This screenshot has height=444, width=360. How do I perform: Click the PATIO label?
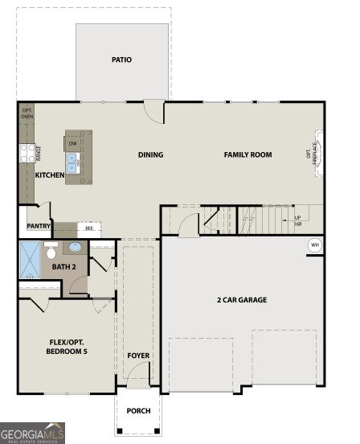pyautogui.click(x=122, y=60)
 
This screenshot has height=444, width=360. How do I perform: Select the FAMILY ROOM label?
pyautogui.click(x=247, y=154)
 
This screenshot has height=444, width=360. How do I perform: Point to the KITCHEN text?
pyautogui.click(x=50, y=175)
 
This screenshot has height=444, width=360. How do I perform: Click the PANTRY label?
pyautogui.click(x=39, y=227)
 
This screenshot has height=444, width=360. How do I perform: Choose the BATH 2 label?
pyautogui.click(x=63, y=266)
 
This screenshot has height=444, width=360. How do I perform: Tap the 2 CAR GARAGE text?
pyautogui.click(x=241, y=300)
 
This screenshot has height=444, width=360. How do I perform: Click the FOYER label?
pyautogui.click(x=138, y=355)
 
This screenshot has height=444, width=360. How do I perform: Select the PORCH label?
pyautogui.click(x=138, y=411)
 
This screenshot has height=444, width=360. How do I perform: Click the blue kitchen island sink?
pyautogui.click(x=72, y=163)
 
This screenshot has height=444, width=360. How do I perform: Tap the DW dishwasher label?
pyautogui.click(x=72, y=144)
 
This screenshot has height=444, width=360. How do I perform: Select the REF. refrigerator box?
pyautogui.click(x=89, y=228)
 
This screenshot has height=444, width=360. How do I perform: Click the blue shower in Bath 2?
pyautogui.click(x=30, y=260)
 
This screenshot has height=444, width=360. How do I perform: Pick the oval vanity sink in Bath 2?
pyautogui.click(x=76, y=248)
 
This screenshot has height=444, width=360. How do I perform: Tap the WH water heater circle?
pyautogui.click(x=314, y=245)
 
